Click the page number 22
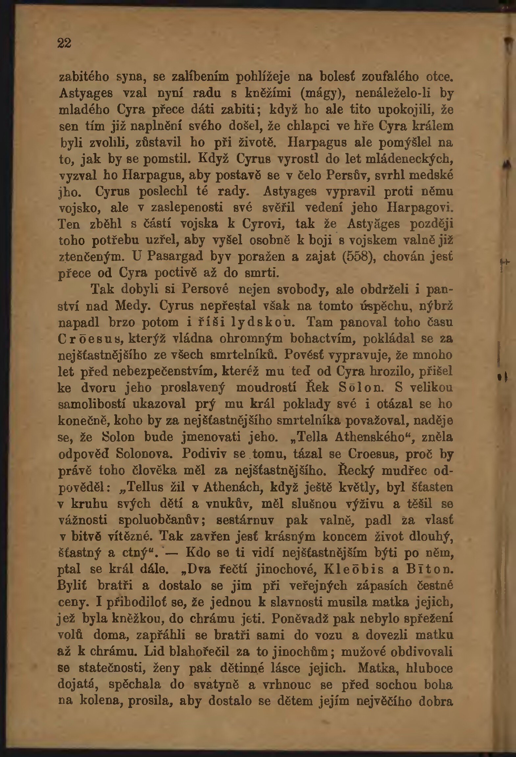[x=64, y=43]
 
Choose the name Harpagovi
[x=420, y=208]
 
